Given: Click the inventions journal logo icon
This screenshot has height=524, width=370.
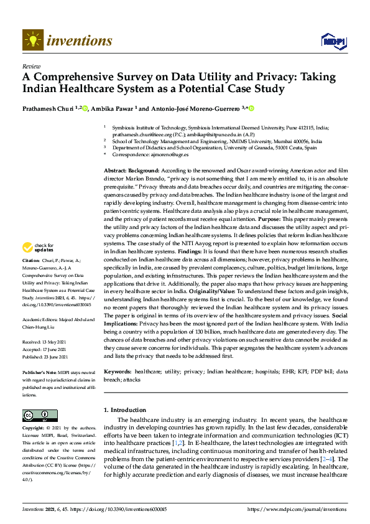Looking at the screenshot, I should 32,40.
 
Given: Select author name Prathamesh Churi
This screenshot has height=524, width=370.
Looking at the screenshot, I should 48,108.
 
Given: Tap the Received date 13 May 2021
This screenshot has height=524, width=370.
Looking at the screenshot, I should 51,342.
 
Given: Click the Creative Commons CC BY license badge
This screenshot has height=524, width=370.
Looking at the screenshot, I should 40,415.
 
